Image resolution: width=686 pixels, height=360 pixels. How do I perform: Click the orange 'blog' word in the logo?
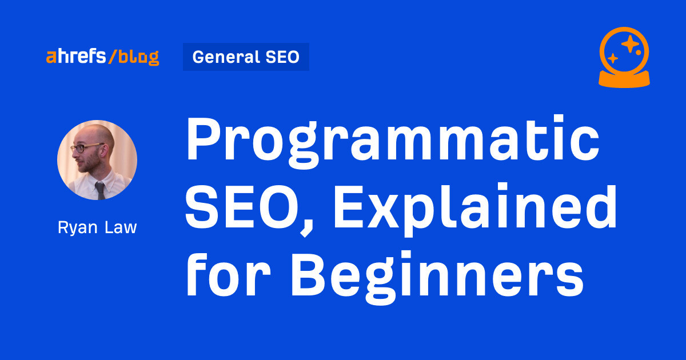pyautogui.click(x=139, y=57)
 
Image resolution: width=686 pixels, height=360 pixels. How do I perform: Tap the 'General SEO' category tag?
pyautogui.click(x=246, y=57)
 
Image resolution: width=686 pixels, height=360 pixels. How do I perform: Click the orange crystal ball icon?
pyautogui.click(x=624, y=57)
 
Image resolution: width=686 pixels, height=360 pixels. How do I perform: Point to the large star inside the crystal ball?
pyautogui.click(x=630, y=43)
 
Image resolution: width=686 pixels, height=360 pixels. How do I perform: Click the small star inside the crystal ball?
pyautogui.click(x=613, y=58)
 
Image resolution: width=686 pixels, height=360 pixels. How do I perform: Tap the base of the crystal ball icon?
pyautogui.click(x=624, y=79)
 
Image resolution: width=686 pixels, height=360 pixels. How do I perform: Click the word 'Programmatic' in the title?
pyautogui.click(x=393, y=142)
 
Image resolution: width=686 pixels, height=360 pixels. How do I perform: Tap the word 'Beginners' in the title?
pyautogui.click(x=437, y=277)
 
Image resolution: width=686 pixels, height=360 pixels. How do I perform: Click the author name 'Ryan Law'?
pyautogui.click(x=97, y=227)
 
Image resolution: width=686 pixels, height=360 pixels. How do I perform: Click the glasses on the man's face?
pyautogui.click(x=83, y=148)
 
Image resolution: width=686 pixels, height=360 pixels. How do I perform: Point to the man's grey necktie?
pyautogui.click(x=100, y=190)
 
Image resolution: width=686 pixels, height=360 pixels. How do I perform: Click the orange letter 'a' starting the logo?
pyautogui.click(x=51, y=57)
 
